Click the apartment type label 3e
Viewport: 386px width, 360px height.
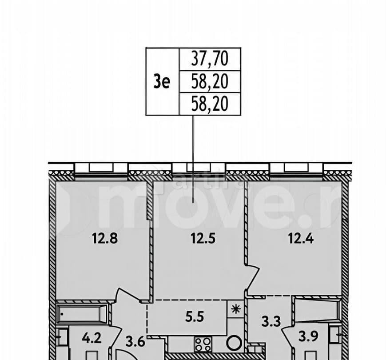(x=162, y=82)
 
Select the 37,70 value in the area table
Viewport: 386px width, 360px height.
(x=210, y=59)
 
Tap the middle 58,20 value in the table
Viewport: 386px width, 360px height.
(x=210, y=82)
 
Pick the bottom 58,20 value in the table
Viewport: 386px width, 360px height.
(x=210, y=104)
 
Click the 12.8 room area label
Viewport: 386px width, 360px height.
(x=103, y=239)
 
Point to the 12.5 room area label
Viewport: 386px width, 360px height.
(x=203, y=239)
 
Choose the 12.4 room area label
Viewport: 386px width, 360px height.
(x=301, y=239)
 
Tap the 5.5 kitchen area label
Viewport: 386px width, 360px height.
(x=191, y=317)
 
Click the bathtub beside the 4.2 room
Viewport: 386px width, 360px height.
(x=82, y=313)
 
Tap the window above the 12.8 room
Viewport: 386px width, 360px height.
(x=101, y=168)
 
